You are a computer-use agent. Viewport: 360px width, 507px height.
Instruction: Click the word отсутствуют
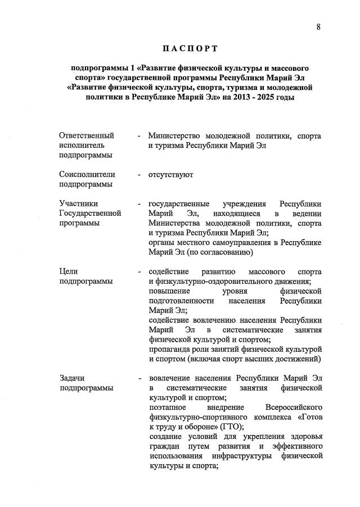[171, 174]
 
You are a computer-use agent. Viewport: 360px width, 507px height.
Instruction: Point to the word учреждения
[245, 203]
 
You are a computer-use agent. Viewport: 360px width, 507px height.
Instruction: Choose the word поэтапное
[167, 407]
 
